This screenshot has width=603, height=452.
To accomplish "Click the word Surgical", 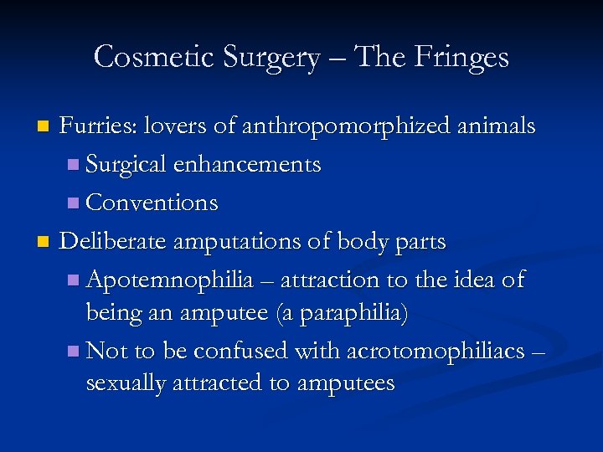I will (x=126, y=165).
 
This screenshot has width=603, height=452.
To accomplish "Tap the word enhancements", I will (x=247, y=165).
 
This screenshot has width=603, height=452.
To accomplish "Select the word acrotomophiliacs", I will (x=439, y=350).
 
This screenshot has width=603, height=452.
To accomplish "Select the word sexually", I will (x=125, y=384).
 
